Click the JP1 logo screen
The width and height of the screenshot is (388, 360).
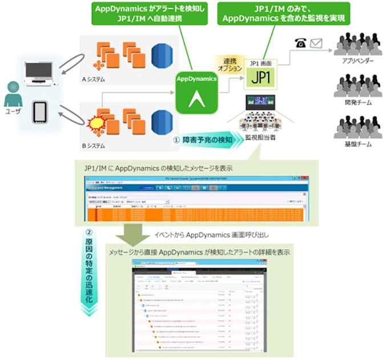click(x=261, y=76)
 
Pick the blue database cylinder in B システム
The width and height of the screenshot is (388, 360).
click(x=158, y=117)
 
